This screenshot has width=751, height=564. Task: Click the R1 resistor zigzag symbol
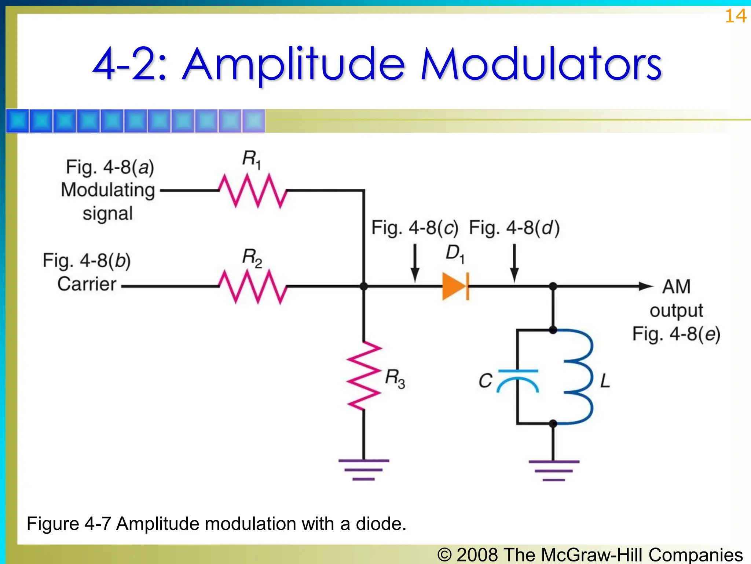point(253,191)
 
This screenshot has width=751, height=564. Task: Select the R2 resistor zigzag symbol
point(253,286)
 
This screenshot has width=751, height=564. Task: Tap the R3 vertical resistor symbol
point(364,376)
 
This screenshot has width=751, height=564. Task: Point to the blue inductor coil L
point(578,376)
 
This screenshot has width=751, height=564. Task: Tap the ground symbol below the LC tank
point(554,470)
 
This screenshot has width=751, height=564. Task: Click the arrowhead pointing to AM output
point(646,286)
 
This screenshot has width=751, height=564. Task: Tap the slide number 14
point(735,16)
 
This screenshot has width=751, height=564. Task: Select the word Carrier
point(87,284)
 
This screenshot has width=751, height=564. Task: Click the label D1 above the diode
point(455,254)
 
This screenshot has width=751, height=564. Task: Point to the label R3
point(395,378)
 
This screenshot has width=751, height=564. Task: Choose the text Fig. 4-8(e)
point(676,334)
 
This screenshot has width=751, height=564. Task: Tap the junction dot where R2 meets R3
point(364,286)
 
